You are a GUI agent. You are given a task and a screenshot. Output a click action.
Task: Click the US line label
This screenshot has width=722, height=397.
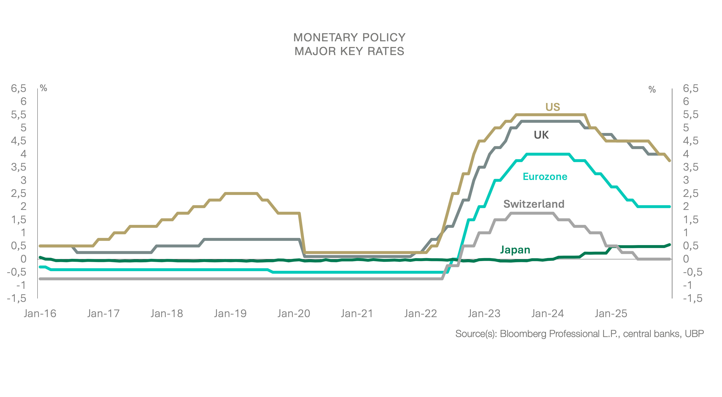[552, 107]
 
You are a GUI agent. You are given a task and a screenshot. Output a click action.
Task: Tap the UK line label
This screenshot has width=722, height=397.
[541, 135]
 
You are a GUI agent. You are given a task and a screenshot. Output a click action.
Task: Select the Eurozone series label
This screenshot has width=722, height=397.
[545, 177]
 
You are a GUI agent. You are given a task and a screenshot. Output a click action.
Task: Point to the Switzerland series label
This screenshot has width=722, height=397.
[534, 204]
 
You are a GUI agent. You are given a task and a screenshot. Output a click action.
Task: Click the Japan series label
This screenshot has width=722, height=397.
[515, 250]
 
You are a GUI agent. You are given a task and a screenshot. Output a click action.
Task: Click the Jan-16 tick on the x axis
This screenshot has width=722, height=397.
[40, 313]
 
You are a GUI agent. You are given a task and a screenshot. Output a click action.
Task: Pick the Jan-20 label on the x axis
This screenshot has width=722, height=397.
[294, 313]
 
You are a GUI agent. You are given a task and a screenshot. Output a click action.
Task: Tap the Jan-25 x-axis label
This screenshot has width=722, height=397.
[611, 313]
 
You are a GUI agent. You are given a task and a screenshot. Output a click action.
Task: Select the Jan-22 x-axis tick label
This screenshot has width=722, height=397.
[420, 313]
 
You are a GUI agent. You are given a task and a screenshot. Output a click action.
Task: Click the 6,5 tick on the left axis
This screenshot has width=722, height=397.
[18, 88]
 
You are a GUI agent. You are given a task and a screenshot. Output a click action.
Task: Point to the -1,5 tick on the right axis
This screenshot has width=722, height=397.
[693, 298]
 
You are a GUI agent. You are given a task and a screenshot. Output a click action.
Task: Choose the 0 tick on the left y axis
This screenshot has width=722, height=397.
[24, 259]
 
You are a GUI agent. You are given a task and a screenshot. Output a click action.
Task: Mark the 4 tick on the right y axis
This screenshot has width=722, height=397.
[686, 154]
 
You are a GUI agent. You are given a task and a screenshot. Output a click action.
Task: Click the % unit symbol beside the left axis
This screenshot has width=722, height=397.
[44, 88]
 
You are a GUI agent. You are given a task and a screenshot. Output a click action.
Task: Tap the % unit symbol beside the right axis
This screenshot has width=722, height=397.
[652, 90]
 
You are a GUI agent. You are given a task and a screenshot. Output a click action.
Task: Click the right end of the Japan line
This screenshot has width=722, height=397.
[670, 245]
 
